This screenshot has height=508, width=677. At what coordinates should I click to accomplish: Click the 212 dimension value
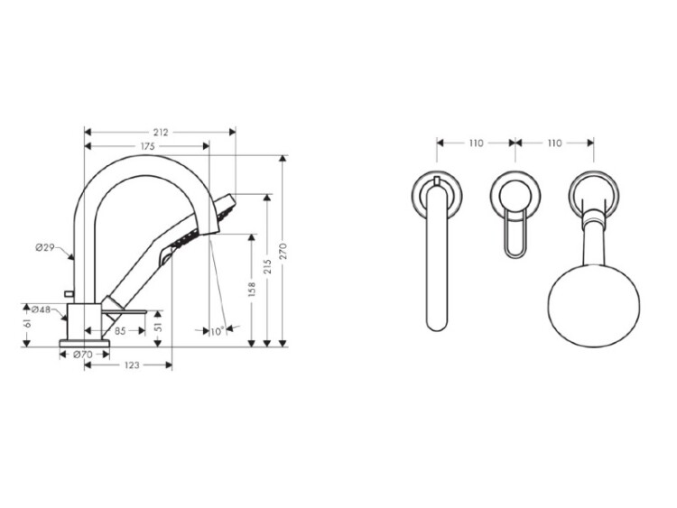click(160, 133)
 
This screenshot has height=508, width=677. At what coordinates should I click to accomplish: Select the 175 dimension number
click(147, 147)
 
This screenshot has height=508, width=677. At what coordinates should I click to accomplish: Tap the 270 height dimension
click(283, 252)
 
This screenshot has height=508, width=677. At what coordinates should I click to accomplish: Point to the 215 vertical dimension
click(267, 266)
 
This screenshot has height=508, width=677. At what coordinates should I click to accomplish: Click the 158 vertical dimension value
click(252, 289)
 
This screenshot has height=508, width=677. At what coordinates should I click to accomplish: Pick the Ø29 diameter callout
click(45, 248)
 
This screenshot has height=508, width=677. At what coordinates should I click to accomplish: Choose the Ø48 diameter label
click(42, 309)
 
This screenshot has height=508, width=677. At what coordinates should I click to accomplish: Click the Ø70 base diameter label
click(83, 355)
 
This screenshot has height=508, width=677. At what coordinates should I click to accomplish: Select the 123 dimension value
click(132, 365)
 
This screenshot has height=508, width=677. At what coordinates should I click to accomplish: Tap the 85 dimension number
click(120, 331)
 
